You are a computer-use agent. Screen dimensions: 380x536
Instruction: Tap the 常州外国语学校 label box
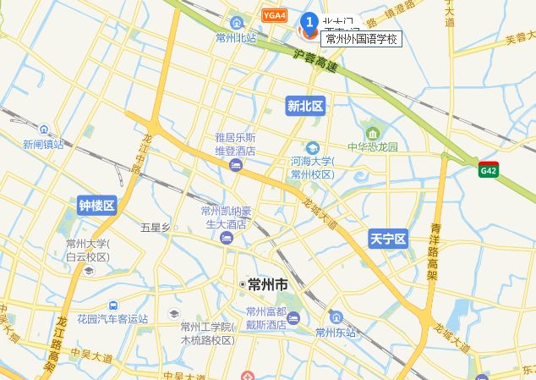click(362, 39)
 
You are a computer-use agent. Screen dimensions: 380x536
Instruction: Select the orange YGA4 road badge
click(274, 16)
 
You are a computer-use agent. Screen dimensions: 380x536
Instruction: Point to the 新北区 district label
click(305, 106)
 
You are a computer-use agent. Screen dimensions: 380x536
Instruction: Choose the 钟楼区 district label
click(97, 206)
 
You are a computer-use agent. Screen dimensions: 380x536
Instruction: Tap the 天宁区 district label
click(388, 240)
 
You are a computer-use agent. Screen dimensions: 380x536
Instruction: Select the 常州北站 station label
click(235, 38)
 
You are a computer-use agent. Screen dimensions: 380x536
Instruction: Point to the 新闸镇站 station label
click(43, 144)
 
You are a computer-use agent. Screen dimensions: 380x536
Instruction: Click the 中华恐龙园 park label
click(373, 146)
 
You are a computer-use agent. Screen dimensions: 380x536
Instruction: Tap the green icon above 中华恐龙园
click(373, 132)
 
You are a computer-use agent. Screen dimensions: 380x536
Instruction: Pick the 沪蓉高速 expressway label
click(315, 60)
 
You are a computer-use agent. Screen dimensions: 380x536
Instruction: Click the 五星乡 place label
click(156, 227)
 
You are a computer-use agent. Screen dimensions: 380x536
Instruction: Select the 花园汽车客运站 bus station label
click(112, 319)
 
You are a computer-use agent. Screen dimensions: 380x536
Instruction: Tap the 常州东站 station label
click(336, 332)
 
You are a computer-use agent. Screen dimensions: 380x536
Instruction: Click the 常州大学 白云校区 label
click(88, 251)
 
